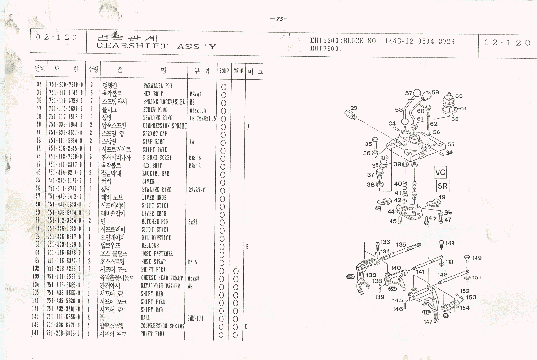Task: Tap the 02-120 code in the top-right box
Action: pos(507,43)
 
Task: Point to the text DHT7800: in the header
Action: pos(325,48)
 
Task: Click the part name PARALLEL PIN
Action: pos(158,85)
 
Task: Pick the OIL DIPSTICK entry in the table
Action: pos(157,238)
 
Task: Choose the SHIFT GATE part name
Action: pos(155,149)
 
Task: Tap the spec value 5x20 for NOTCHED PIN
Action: pos(193,222)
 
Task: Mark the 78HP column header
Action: pos(238,71)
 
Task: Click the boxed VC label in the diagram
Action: pos(440,173)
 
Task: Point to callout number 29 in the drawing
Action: pos(354,108)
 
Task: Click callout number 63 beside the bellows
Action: pos(459,96)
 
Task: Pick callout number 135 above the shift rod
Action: pos(401,245)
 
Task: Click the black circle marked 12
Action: pos(350,276)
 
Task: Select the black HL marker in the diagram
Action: pos(426,312)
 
